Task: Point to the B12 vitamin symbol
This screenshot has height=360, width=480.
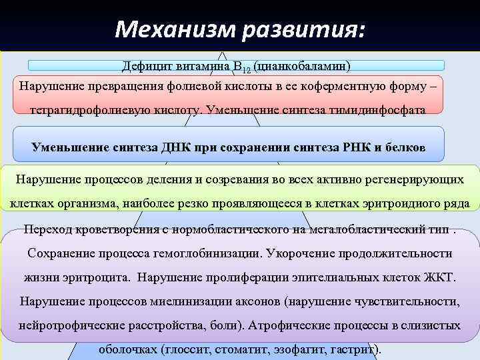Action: point(241,67)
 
